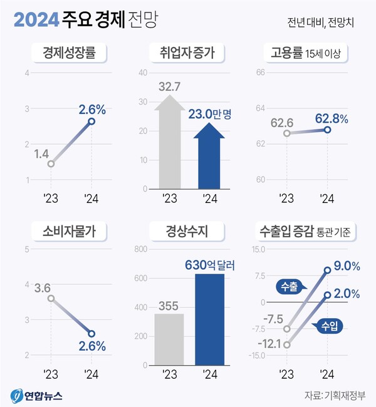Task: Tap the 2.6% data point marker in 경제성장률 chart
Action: (x=91, y=121)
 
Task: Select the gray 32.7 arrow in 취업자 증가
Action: (x=168, y=144)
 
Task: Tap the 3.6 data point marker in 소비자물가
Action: (x=51, y=298)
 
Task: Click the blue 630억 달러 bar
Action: (x=209, y=319)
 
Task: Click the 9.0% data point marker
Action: (x=327, y=270)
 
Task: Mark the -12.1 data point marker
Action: (x=287, y=344)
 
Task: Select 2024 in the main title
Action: (x=36, y=21)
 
